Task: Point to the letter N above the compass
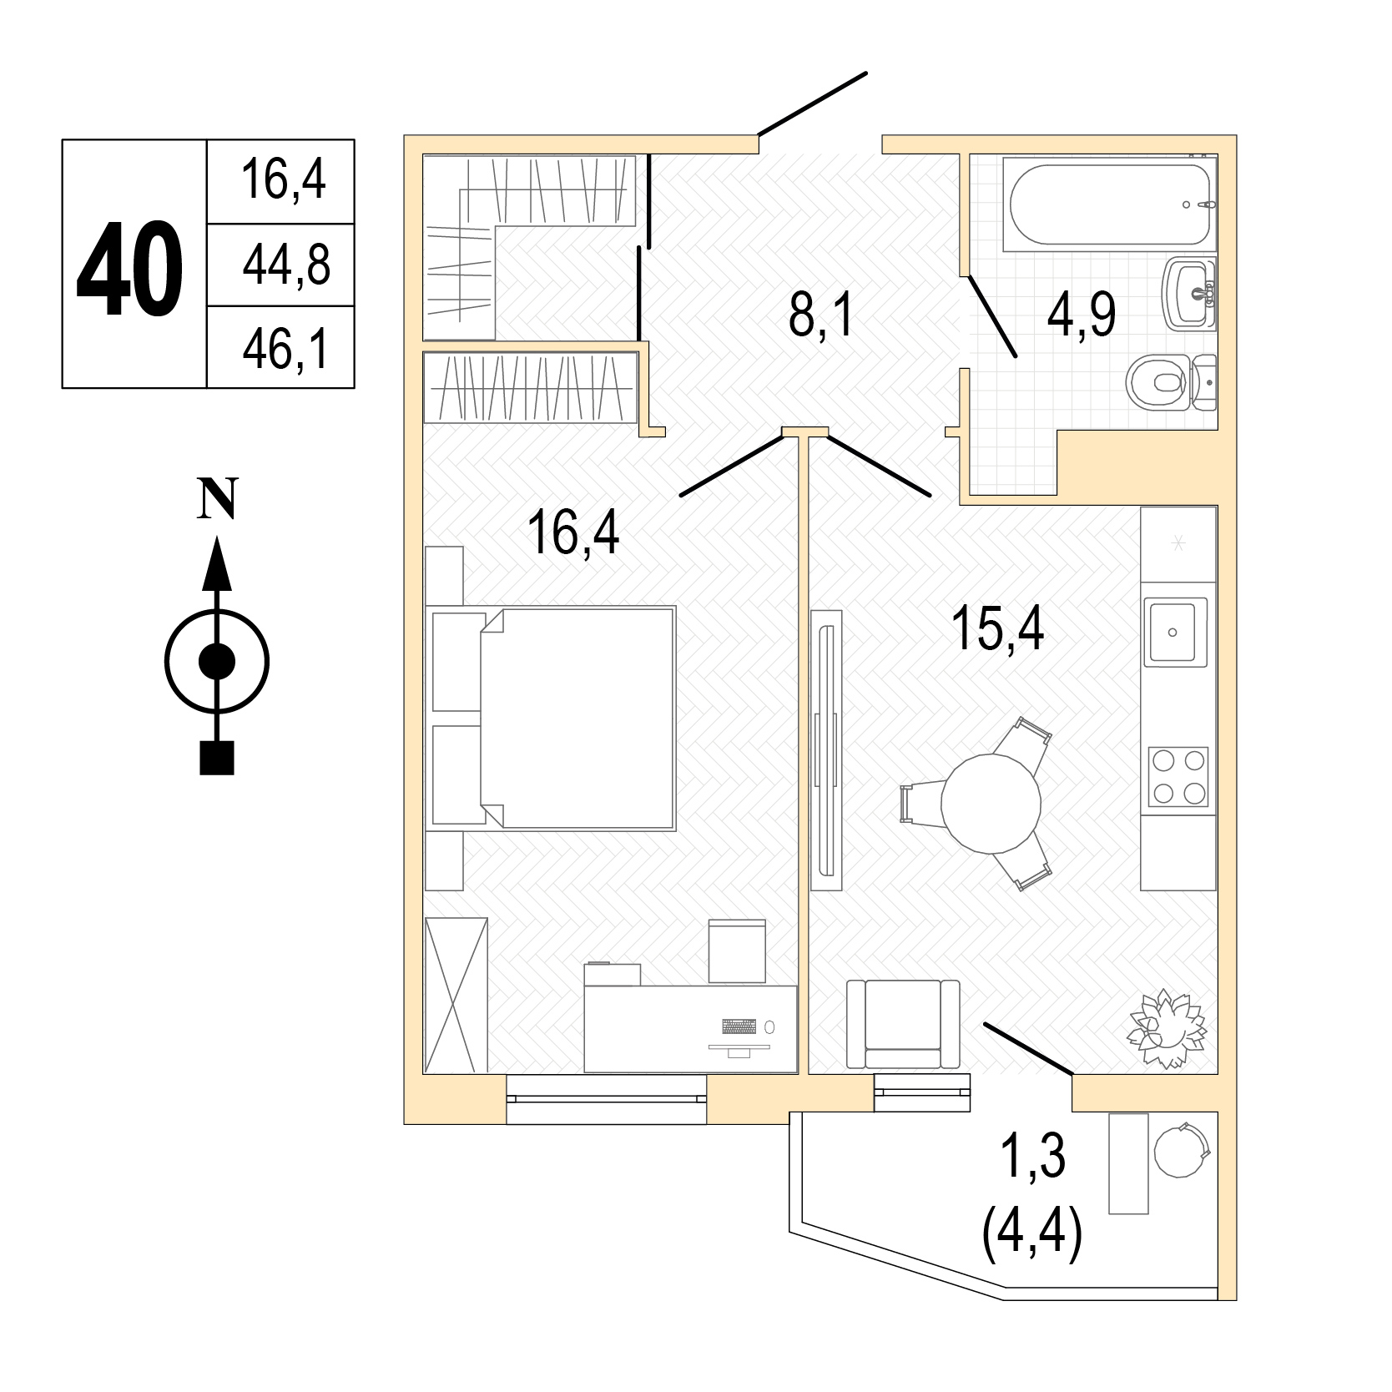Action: click(217, 499)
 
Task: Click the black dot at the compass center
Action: click(217, 662)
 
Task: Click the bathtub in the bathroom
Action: click(1110, 203)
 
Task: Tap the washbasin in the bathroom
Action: click(1190, 293)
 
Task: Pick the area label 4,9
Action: click(1082, 315)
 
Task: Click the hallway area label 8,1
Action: click(822, 315)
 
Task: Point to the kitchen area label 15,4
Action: click(997, 628)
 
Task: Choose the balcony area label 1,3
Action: click(1033, 1157)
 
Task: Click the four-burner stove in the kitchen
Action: click(1178, 777)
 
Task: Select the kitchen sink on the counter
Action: click(1175, 632)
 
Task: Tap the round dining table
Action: click(991, 803)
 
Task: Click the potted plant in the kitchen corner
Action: click(1168, 1028)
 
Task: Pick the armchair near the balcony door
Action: click(903, 1023)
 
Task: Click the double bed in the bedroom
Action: click(553, 718)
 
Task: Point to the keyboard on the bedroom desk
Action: click(740, 1026)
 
